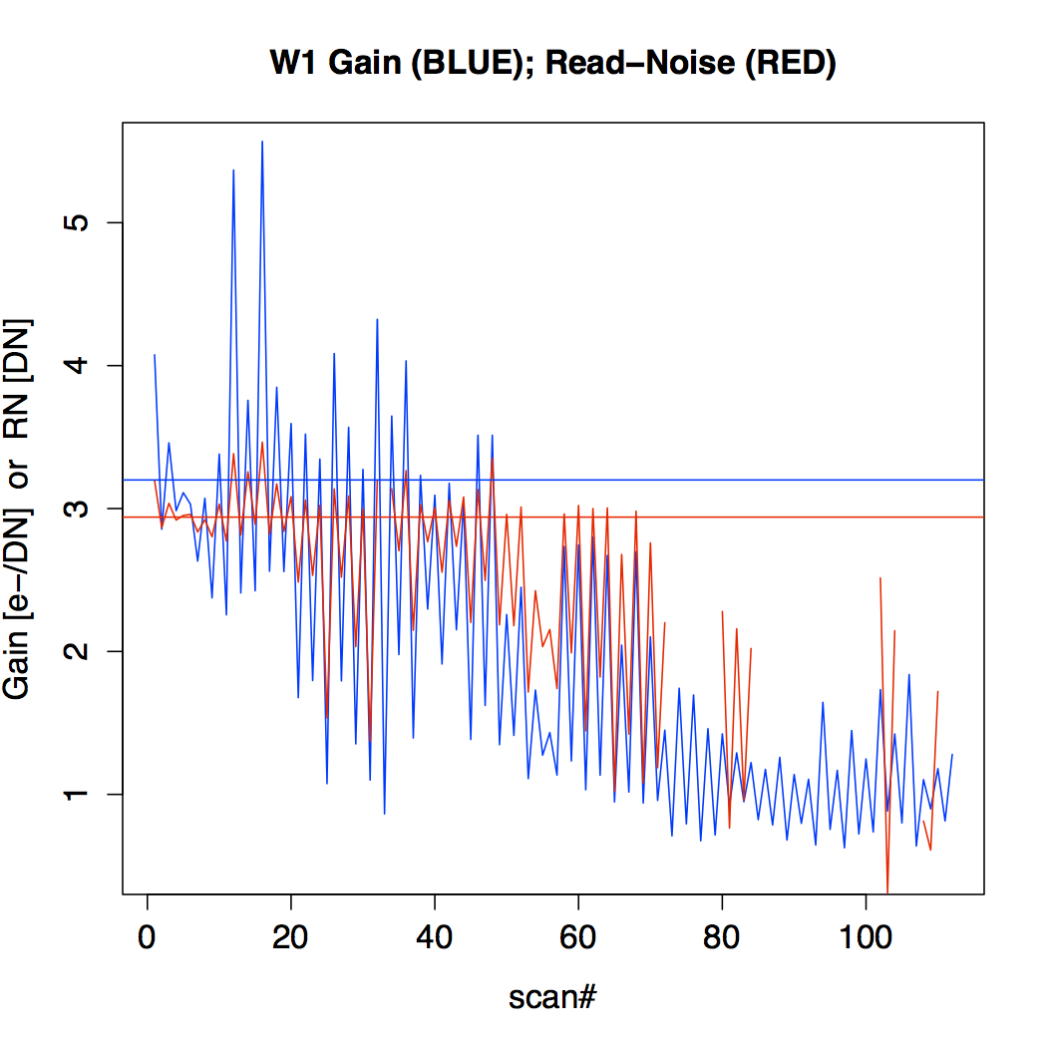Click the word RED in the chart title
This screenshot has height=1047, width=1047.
(791, 63)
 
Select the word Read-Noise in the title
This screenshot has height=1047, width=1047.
(640, 63)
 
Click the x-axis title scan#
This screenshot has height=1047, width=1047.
(552, 997)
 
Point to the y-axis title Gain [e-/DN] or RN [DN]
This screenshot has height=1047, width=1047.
(17, 510)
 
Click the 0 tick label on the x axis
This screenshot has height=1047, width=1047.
(147, 937)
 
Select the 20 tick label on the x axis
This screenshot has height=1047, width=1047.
(290, 937)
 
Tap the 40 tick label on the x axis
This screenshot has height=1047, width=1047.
(434, 937)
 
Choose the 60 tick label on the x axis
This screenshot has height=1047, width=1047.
(578, 937)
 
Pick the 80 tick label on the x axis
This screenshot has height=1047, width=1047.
(722, 937)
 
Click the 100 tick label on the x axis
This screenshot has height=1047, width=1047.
(866, 937)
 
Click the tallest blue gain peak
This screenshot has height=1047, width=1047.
(262, 142)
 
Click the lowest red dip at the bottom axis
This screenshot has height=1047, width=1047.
(887, 891)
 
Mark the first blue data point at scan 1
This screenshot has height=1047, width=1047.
(155, 355)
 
